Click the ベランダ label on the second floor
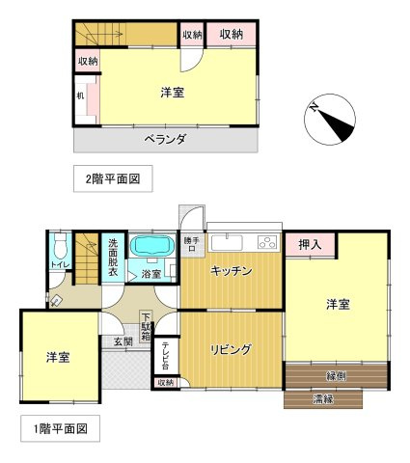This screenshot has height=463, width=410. [165, 139]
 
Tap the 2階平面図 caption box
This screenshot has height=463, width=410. [112, 178]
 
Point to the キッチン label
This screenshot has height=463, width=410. [231, 272]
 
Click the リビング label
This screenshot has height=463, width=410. [232, 350]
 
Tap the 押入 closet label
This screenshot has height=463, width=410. [309, 245]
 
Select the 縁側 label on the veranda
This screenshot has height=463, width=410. [336, 376]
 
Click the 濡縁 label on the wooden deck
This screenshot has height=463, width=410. [323, 397]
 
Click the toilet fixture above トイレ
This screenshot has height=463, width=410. [60, 242]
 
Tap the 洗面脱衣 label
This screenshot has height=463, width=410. [114, 259]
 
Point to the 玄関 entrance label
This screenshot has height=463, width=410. [123, 341]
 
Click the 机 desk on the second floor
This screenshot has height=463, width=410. [81, 97]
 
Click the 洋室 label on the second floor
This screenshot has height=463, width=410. [174, 93]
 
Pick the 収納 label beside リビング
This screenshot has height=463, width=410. [165, 383]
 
